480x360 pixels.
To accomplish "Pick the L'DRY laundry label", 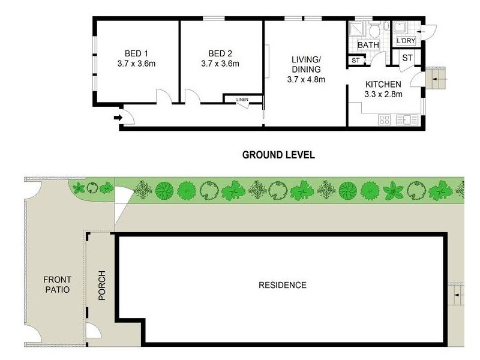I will pyautogui.click(x=406, y=41).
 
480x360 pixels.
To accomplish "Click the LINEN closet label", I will pyautogui.click(x=241, y=99).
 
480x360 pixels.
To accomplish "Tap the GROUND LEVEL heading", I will pyautogui.click(x=278, y=155).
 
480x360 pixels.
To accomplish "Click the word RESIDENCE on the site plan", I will pyautogui.click(x=282, y=285).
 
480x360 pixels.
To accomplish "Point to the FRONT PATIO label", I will pyautogui.click(x=57, y=284).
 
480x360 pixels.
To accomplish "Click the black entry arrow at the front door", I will pyautogui.click(x=117, y=117).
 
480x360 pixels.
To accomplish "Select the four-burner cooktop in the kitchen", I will pyautogui.click(x=385, y=119).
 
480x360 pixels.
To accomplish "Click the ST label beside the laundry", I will pyautogui.click(x=406, y=58).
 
